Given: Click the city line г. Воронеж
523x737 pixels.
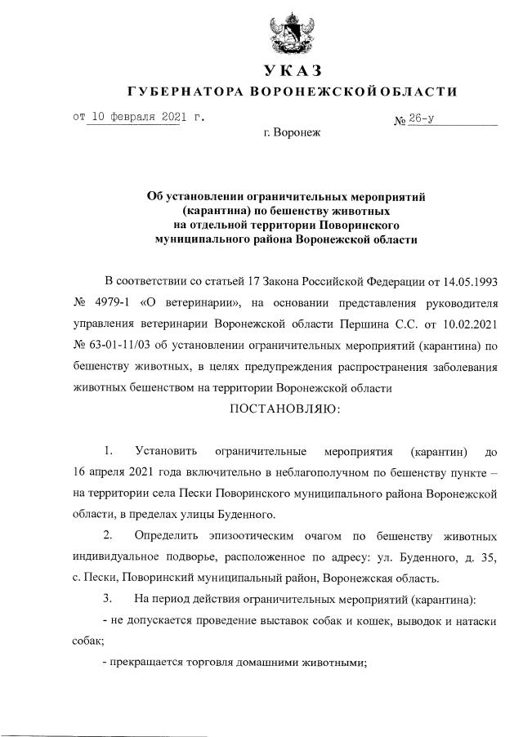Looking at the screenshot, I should (293, 132).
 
